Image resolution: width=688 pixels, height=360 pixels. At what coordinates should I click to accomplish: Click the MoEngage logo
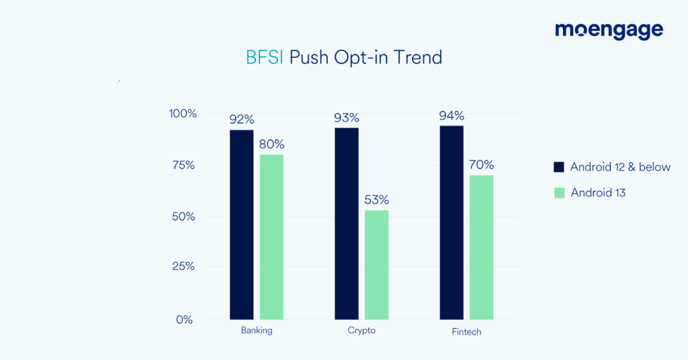(609, 31)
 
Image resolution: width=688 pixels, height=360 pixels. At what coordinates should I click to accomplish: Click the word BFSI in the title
(265, 58)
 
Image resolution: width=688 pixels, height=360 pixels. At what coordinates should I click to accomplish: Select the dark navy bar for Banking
(241, 224)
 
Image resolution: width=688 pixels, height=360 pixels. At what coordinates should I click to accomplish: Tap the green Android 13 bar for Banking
(271, 237)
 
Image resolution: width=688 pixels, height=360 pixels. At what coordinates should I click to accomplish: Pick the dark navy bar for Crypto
(347, 224)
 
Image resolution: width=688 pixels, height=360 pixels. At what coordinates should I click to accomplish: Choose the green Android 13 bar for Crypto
(376, 265)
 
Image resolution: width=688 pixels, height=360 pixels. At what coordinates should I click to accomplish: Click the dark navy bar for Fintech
(451, 222)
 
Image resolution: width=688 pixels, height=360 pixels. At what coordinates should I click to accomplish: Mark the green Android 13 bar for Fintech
(482, 247)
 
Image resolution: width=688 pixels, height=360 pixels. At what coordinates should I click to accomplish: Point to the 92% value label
(241, 120)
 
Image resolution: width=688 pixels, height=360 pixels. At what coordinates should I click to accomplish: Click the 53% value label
(376, 200)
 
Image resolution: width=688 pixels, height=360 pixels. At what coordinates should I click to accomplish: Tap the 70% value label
(482, 165)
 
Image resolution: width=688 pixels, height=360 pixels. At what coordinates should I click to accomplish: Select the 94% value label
(451, 116)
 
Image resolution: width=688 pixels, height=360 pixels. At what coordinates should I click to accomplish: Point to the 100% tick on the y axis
(183, 114)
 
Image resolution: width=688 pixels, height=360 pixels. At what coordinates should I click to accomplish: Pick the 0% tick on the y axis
(185, 320)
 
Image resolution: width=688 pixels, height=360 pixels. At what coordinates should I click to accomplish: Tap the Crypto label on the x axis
(361, 330)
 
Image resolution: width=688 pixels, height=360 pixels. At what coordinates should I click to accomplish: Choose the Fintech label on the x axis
(466, 332)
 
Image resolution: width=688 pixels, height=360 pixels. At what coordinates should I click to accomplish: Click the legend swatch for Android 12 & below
(558, 167)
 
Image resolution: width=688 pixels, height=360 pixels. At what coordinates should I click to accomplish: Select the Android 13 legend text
(598, 193)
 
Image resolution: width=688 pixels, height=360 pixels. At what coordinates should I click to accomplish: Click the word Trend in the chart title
(417, 58)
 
